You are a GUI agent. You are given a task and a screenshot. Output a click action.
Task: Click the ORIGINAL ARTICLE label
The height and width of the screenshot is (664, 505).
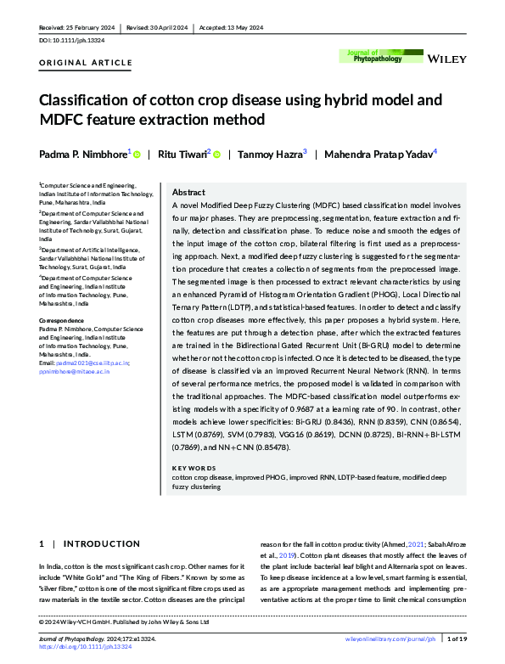87,63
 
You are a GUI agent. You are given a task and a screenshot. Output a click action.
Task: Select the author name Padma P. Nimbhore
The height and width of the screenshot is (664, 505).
84,155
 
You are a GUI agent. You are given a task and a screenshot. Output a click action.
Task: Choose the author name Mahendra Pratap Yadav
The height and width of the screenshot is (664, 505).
379,155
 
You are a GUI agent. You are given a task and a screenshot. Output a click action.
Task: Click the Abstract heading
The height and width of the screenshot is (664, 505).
188,193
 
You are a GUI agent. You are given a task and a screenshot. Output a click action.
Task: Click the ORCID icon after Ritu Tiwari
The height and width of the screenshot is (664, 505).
216,155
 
